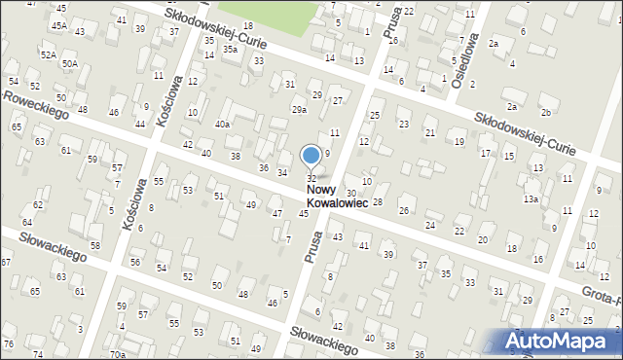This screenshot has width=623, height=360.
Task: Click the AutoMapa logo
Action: (x=562, y=341)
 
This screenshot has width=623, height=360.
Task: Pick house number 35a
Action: (x=230, y=49)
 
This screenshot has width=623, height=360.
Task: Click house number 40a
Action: (x=223, y=124)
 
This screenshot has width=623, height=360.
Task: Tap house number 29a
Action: (x=299, y=110)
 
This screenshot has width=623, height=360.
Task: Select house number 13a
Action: (x=530, y=198)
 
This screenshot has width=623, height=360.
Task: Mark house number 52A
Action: (x=48, y=55)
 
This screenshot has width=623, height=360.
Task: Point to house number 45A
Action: (x=59, y=24)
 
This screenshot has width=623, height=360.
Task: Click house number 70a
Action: (x=118, y=354)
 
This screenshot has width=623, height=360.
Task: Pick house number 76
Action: (x=9, y=344)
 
